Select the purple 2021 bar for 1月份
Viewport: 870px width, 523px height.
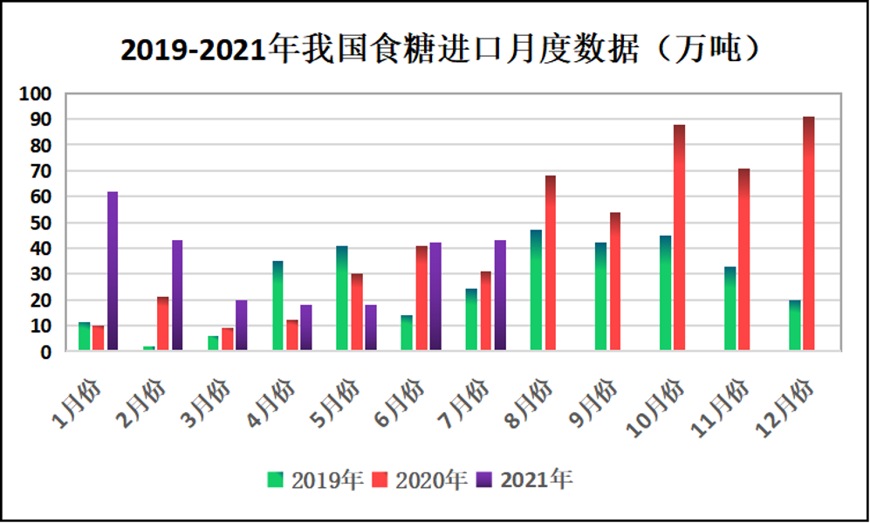[x=113, y=271]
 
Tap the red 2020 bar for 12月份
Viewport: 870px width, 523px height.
[x=809, y=233]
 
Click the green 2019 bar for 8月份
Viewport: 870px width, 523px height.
[x=537, y=290]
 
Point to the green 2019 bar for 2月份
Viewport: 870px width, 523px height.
[x=149, y=348]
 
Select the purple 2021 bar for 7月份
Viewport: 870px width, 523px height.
[x=500, y=295]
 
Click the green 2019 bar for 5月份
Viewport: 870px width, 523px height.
[x=342, y=298]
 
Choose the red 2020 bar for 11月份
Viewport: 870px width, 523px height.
[x=743, y=259]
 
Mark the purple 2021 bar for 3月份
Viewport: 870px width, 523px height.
[x=242, y=325]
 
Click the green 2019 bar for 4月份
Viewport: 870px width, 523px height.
[x=277, y=306]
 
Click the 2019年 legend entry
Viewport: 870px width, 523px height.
[x=315, y=479]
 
